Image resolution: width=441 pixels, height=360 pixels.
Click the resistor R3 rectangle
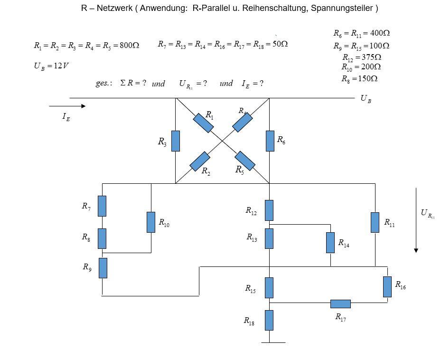175,141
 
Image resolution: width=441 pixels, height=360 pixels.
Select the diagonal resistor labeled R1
203,123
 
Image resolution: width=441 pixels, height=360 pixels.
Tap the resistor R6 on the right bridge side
270,141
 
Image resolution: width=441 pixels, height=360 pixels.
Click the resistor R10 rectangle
151,222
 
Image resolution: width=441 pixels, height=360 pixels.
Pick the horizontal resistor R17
340,304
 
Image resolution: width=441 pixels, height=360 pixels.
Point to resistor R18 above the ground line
269,320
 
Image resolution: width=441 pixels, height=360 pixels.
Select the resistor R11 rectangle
375,222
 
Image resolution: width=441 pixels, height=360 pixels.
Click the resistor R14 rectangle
330,243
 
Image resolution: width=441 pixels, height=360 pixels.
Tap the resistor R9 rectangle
103,268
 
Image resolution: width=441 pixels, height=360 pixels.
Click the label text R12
251,211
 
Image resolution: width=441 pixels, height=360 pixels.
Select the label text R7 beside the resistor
86,206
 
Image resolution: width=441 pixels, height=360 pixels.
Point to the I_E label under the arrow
66,117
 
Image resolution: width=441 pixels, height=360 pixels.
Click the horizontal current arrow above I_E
67,106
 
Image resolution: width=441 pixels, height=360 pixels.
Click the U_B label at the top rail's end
366,99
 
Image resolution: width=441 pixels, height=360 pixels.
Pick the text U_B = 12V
51,66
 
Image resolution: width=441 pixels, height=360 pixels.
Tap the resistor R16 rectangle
387,286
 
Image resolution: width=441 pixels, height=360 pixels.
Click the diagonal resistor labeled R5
245,161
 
